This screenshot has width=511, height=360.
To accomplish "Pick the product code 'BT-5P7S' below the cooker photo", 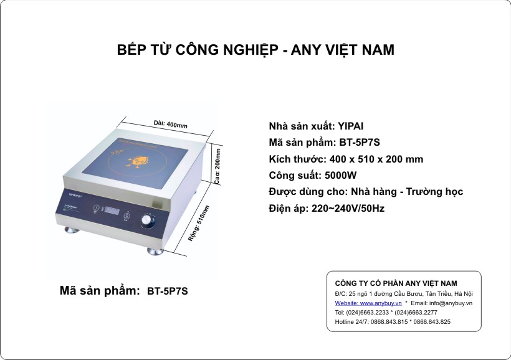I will tap(167, 291).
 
